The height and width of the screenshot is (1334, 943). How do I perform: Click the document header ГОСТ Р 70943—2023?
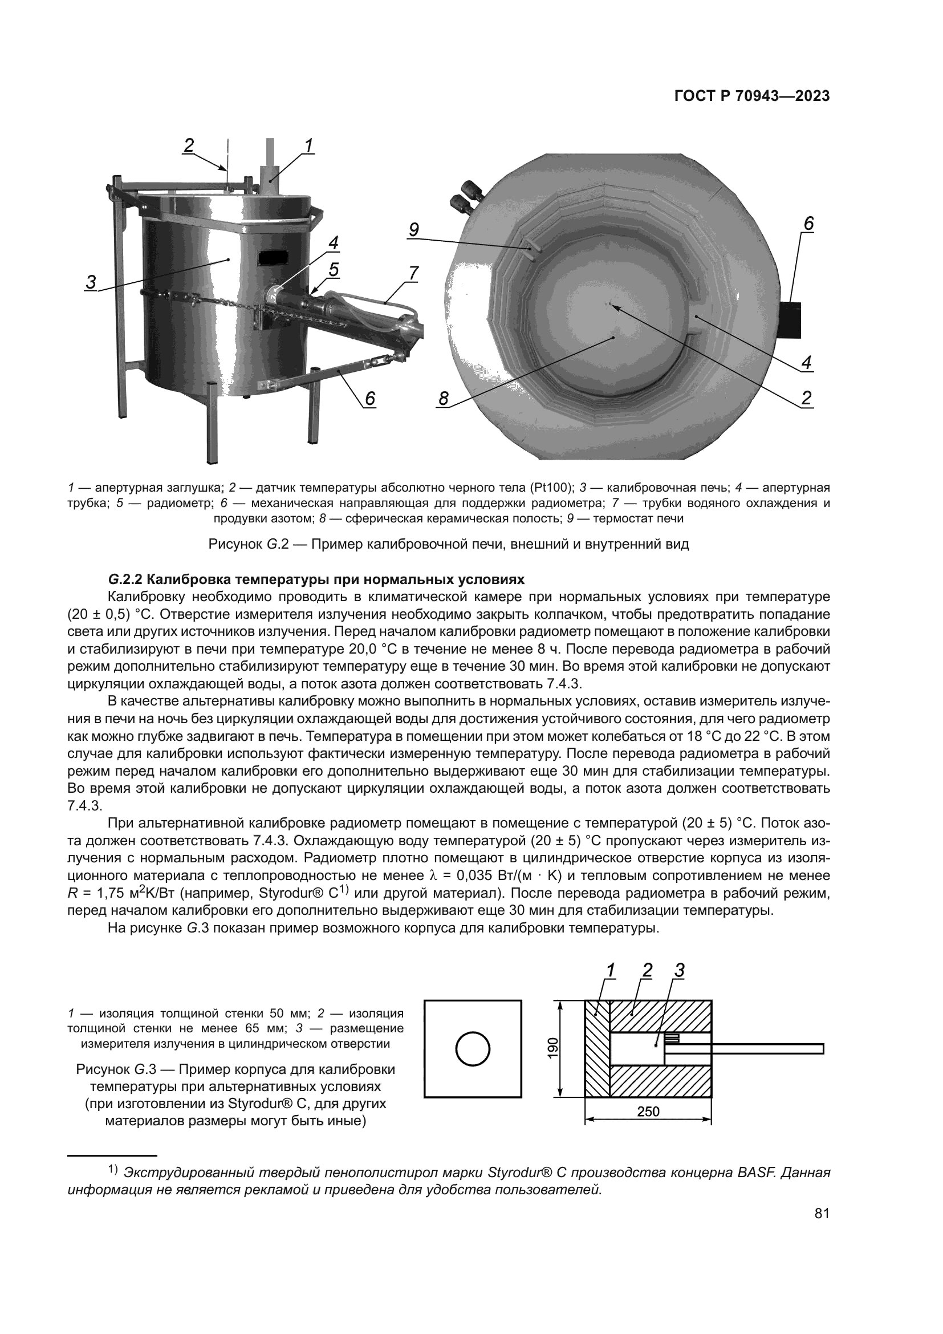pos(751,96)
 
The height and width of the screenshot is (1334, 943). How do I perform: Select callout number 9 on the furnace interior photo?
pos(413,230)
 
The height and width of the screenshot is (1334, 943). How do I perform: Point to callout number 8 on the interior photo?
pos(444,399)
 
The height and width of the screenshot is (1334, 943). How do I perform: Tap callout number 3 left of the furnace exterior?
pos(91,283)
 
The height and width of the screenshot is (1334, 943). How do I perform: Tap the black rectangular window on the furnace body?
pos(274,257)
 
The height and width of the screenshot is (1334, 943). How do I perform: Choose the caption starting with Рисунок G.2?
pos(448,545)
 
